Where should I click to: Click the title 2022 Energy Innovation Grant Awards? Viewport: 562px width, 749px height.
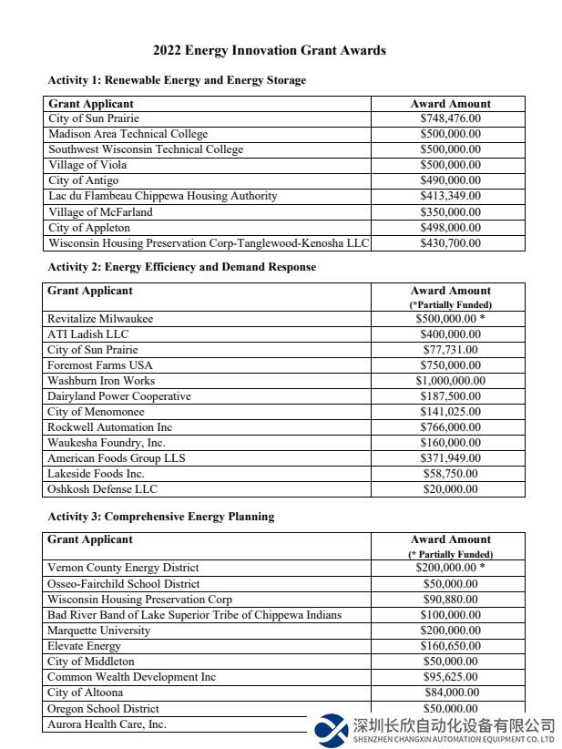[x=269, y=51]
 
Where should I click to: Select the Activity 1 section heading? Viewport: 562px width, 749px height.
[x=177, y=80]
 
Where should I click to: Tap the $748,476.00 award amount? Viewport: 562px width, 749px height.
[x=450, y=118]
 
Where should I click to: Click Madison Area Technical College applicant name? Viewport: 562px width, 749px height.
[x=128, y=134]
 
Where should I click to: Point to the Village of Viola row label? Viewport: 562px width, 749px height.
[x=87, y=165]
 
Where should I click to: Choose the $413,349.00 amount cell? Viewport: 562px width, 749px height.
[x=450, y=196]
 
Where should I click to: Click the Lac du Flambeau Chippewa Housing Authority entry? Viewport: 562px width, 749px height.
[x=162, y=196]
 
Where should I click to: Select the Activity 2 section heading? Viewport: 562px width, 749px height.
[x=182, y=267]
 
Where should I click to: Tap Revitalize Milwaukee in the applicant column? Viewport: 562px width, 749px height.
[x=100, y=319]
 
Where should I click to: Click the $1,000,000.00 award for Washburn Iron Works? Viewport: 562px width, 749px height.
[x=450, y=381]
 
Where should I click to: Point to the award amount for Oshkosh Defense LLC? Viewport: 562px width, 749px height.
[x=450, y=489]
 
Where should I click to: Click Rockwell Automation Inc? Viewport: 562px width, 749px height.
[x=109, y=427]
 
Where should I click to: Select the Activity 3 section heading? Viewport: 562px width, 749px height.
[x=161, y=517]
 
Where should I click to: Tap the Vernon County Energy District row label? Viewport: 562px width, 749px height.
[x=123, y=568]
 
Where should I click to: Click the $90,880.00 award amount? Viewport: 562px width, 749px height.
[x=450, y=600]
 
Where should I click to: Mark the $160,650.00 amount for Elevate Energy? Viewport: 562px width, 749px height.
[x=450, y=646]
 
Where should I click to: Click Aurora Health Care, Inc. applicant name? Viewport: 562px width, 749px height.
[x=107, y=724]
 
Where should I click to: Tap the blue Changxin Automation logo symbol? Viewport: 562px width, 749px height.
[x=331, y=729]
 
